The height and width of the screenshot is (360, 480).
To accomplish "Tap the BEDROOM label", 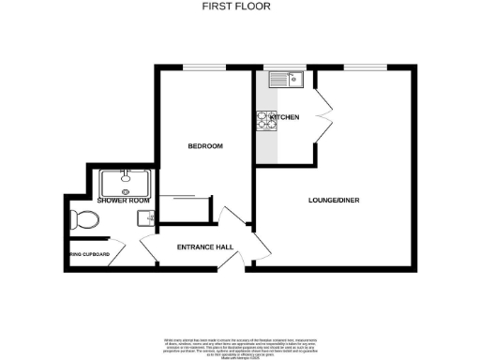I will pyautogui.click(x=204, y=146).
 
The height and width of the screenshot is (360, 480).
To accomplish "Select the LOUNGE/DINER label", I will pyautogui.click(x=335, y=201).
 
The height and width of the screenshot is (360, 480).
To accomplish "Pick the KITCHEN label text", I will pyautogui.click(x=284, y=117).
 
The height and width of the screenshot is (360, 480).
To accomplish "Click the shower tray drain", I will pyautogui.click(x=127, y=187).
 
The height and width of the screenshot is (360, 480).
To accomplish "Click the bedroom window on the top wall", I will pyautogui.click(x=203, y=67).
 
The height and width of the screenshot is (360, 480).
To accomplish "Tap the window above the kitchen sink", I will pyautogui.click(x=278, y=67).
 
